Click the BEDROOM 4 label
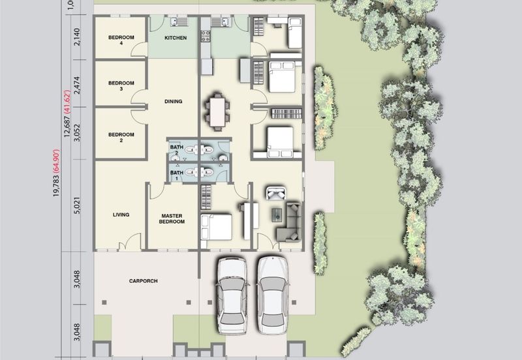tap(121, 40)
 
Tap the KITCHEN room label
tap(176, 38)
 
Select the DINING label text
tap(173, 102)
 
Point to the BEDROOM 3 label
tap(121, 86)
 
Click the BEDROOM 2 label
tap(121, 138)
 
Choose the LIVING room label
tap(121, 215)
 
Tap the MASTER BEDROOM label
tap(172, 218)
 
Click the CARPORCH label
tap(143, 281)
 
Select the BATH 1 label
tap(176, 175)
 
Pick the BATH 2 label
tap(176, 150)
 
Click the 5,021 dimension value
tap(77, 205)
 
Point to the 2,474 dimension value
tap(77, 85)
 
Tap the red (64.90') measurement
tap(56, 161)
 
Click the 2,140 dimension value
tap(77, 37)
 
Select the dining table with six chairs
tap(217, 112)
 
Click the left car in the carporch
tap(232, 295)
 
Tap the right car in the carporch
tap(273, 295)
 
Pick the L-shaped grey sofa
tap(290, 222)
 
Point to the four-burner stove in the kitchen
tap(206, 37)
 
